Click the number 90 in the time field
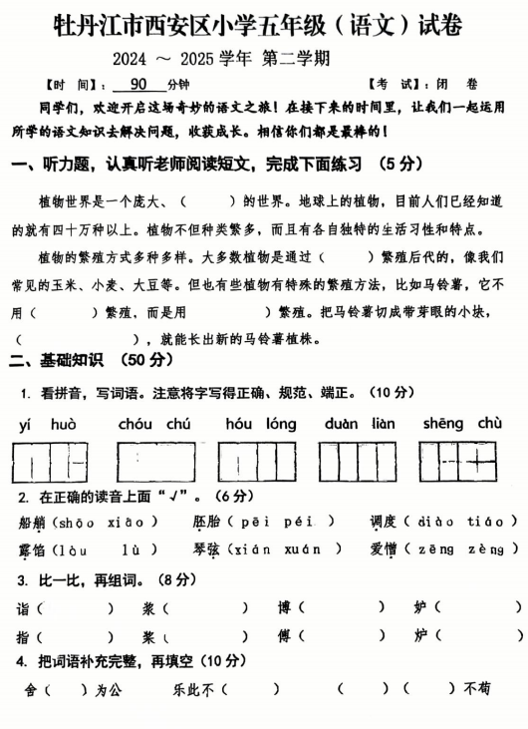tap(137, 85)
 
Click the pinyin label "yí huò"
tap(48, 424)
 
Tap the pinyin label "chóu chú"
tap(153, 424)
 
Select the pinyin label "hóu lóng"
tap(260, 424)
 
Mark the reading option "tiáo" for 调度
tap(494, 522)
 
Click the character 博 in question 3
tap(284, 607)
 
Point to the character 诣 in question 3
tap(22, 607)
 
